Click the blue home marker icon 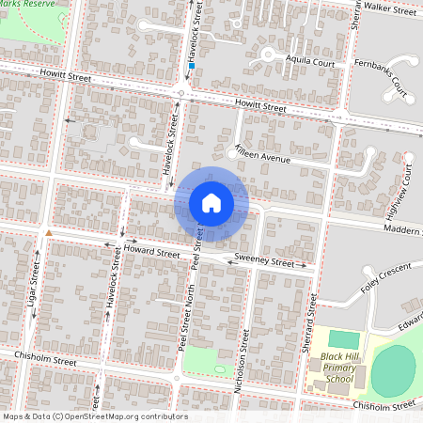pos(211,203)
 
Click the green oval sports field pos(393,371)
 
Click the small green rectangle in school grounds pos(345,338)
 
